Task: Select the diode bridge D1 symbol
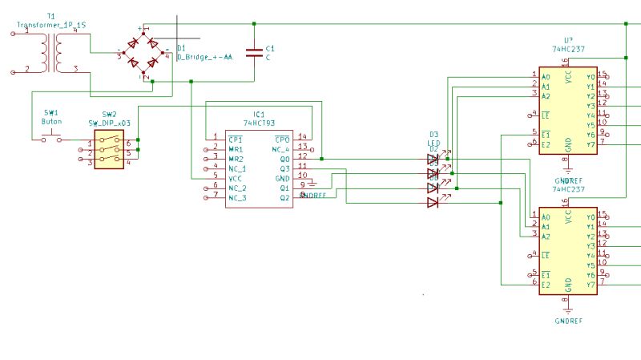point(143,55)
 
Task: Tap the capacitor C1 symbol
point(254,53)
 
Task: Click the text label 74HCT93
point(259,123)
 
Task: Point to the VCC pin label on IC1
point(236,178)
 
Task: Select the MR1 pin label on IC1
point(236,149)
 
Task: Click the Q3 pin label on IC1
point(284,168)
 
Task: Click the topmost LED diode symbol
point(433,159)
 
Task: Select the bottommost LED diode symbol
point(433,202)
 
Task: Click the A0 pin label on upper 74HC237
point(546,77)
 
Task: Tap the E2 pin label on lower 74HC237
point(546,285)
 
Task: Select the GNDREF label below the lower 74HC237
point(567,321)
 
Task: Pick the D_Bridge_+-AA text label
point(204,58)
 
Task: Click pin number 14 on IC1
point(302,137)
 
